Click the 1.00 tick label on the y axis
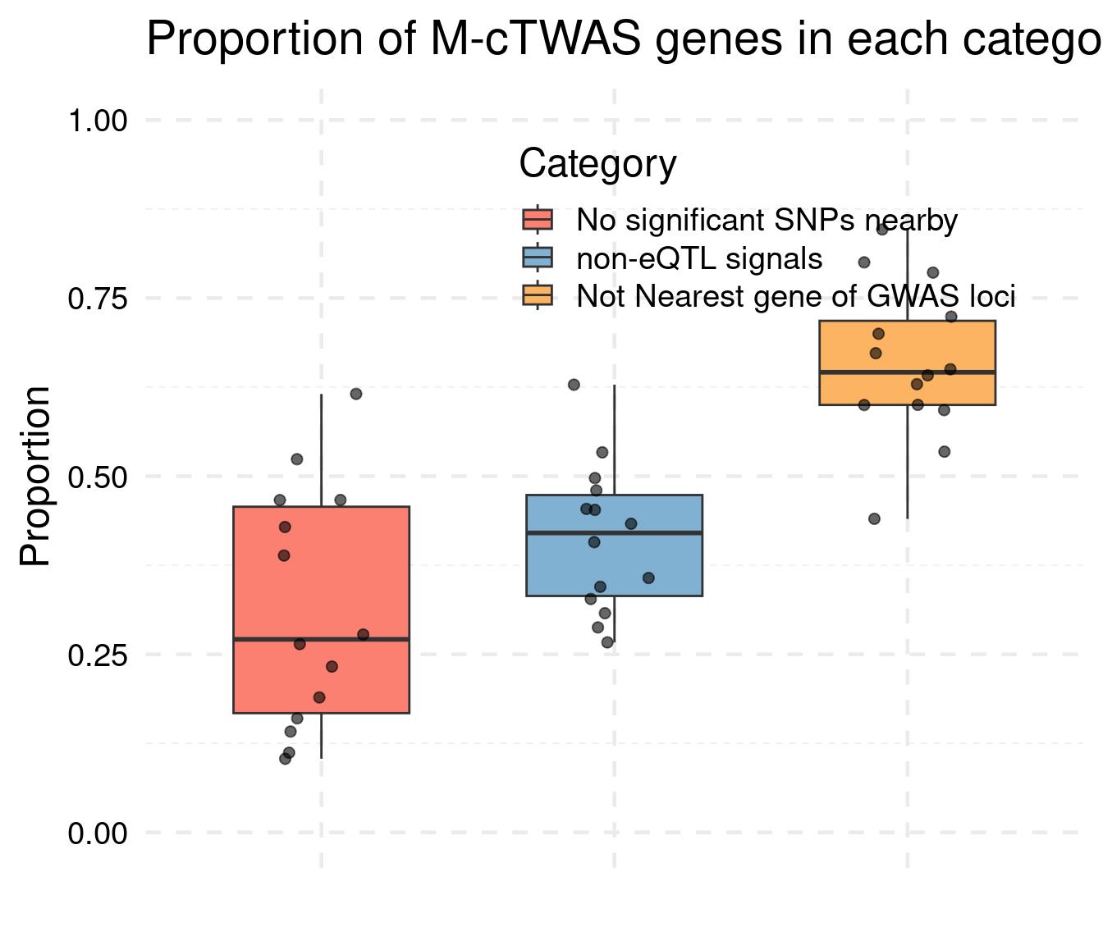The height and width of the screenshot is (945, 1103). click(x=98, y=121)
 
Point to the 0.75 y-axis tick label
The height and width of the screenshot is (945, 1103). click(x=98, y=299)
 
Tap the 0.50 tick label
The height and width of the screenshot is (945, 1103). click(x=98, y=477)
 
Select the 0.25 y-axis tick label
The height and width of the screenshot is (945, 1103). click(x=98, y=655)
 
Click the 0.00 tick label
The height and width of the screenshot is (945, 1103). click(x=98, y=833)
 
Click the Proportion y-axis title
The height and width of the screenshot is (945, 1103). click(x=36, y=477)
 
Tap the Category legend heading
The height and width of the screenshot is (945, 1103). click(x=597, y=164)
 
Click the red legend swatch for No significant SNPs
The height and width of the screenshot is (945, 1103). click(x=538, y=220)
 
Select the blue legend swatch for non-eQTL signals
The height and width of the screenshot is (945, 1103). click(x=538, y=258)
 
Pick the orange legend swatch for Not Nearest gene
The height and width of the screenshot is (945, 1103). click(x=538, y=295)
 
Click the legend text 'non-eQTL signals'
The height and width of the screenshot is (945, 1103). click(x=699, y=259)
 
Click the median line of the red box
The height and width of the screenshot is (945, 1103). click(x=321, y=639)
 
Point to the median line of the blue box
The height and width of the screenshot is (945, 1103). click(x=614, y=533)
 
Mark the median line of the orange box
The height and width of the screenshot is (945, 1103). click(x=907, y=372)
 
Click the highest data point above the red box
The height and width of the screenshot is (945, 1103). click(x=355, y=394)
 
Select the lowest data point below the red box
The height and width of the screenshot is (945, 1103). click(x=285, y=759)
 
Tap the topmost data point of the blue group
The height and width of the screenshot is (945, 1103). click(x=574, y=385)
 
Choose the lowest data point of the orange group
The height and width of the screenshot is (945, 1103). click(x=874, y=518)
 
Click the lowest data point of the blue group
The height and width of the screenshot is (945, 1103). click(x=607, y=642)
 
